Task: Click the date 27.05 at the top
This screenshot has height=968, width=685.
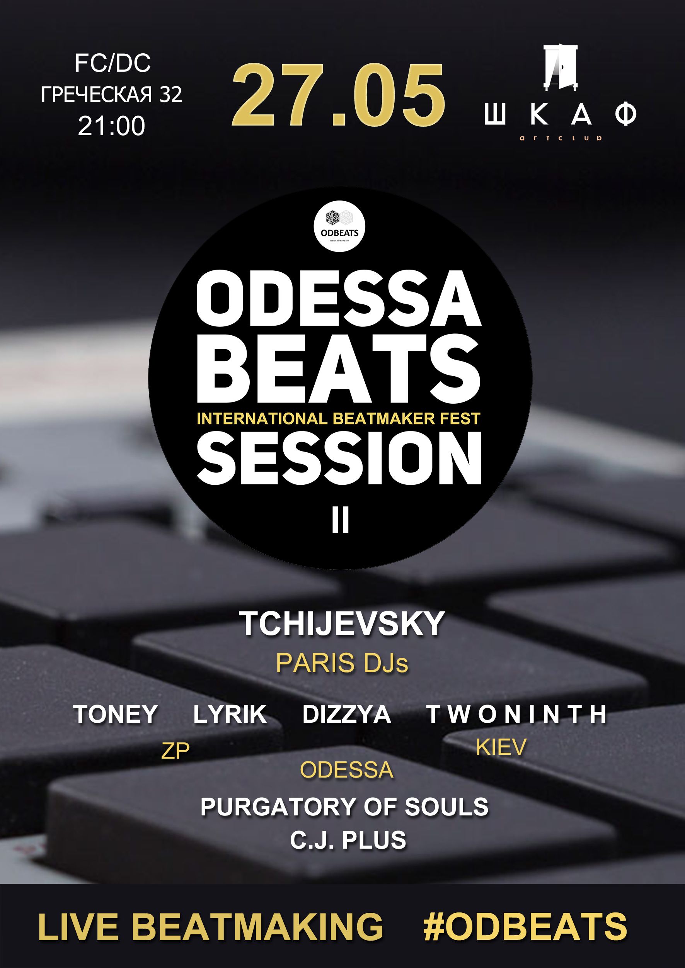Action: click(338, 95)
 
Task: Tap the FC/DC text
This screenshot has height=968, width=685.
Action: click(112, 63)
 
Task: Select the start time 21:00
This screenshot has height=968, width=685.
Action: click(111, 126)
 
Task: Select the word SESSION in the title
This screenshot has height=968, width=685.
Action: click(339, 459)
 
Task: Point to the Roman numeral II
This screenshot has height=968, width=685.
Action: click(340, 521)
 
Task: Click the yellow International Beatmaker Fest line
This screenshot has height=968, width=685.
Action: click(339, 419)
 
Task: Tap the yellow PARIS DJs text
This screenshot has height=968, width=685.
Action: click(342, 664)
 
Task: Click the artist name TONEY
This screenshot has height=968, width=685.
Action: click(116, 714)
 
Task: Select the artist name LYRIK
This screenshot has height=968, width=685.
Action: click(230, 714)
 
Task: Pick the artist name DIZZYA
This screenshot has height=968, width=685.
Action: click(346, 714)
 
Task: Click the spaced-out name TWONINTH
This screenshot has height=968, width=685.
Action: click(517, 714)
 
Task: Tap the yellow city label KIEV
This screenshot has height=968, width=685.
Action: click(501, 747)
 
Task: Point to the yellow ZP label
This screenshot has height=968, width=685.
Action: click(176, 751)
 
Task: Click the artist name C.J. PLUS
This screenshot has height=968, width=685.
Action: click(348, 840)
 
